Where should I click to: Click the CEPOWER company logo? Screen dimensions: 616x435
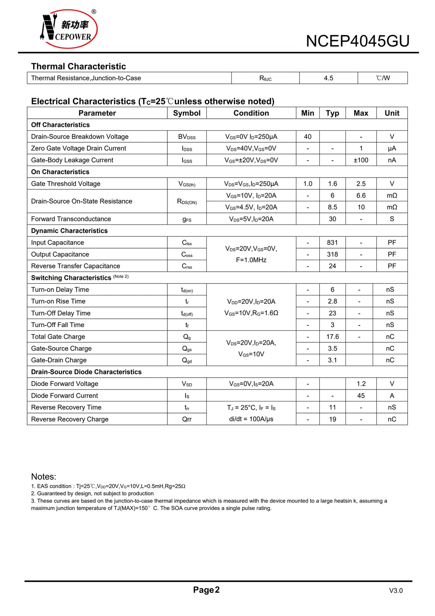pyautogui.click(x=69, y=29)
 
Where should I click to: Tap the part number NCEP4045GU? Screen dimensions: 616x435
pyautogui.click(x=357, y=41)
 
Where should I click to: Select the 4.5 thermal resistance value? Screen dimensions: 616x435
pyautogui.click(x=328, y=78)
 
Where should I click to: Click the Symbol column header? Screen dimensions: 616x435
pyautogui.click(x=187, y=113)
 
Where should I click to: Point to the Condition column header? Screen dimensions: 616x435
pyautogui.click(x=251, y=113)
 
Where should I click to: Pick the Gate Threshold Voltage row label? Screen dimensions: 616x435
pyautogui.click(x=66, y=184)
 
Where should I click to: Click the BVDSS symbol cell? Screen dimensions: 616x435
pyautogui.click(x=187, y=137)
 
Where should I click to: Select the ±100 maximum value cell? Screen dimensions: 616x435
pyautogui.click(x=361, y=160)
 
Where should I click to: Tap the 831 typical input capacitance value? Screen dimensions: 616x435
pyautogui.click(x=332, y=242)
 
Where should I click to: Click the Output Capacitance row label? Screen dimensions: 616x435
pyautogui.click(x=60, y=254)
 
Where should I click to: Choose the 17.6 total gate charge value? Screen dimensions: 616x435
pyautogui.click(x=332, y=337)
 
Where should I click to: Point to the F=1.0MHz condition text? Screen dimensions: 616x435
pyautogui.click(x=251, y=260)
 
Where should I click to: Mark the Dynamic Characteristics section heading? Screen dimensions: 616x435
pyautogui.click(x=69, y=231)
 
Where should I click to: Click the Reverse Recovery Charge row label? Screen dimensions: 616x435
pyautogui.click(x=70, y=419)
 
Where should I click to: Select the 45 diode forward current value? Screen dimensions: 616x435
pyautogui.click(x=361, y=396)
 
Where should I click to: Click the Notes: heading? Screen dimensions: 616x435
pyautogui.click(x=43, y=477)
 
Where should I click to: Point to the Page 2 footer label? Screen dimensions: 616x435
pyautogui.click(x=206, y=590)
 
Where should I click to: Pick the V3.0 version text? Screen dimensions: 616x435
pyautogui.click(x=396, y=591)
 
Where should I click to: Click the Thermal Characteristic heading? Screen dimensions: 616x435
pyautogui.click(x=78, y=67)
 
